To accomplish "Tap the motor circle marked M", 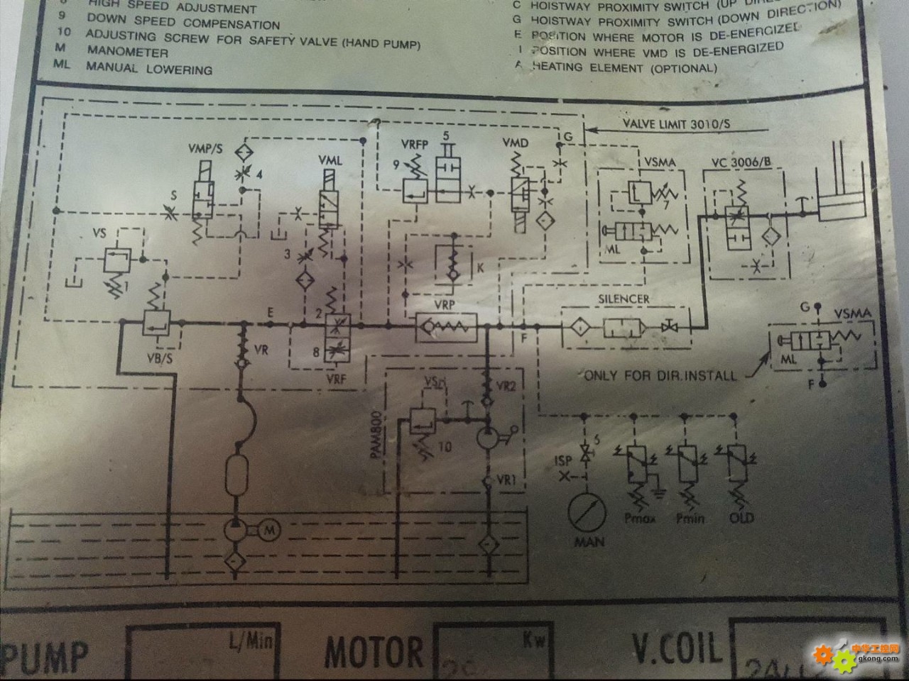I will (x=269, y=529).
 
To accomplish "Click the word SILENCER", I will (x=624, y=299).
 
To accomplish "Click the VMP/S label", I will (x=205, y=148).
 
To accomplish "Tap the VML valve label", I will (x=330, y=161).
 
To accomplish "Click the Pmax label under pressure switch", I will (x=640, y=519).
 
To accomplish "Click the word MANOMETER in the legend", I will (x=128, y=52).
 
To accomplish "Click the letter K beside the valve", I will (x=481, y=268).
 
